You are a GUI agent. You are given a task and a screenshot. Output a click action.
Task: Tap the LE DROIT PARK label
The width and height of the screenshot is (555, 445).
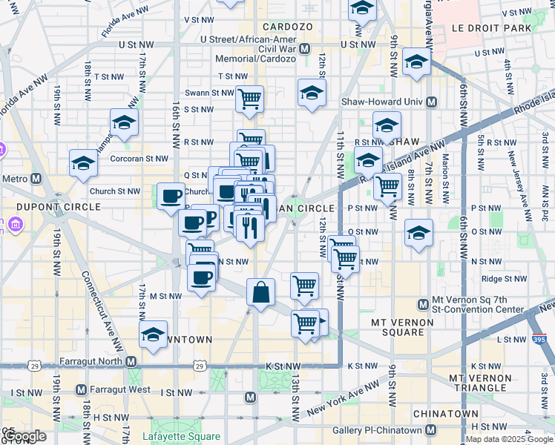click(x=492, y=28)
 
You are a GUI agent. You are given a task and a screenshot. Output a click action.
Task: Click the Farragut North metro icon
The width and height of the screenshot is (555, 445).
click(x=131, y=361)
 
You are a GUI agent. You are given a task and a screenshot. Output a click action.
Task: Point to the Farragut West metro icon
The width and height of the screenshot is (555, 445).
click(x=82, y=390)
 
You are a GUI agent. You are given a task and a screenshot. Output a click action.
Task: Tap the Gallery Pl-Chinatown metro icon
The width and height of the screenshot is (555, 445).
click(x=430, y=430)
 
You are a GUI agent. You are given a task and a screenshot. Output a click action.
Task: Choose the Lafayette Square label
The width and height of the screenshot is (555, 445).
click(x=181, y=425)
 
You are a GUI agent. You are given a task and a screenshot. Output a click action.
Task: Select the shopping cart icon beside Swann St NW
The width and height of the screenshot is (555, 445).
click(x=250, y=98)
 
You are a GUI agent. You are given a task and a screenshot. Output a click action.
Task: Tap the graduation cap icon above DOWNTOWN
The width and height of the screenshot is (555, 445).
click(x=154, y=333)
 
